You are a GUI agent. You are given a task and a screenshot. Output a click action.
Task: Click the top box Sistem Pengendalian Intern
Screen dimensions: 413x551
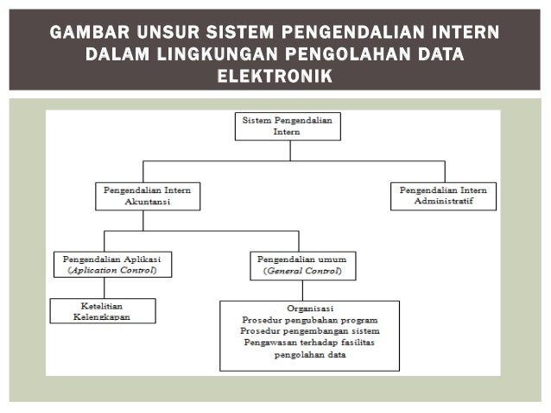pos(288,128)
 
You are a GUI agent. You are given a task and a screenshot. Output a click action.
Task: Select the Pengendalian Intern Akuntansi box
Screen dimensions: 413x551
pos(147,195)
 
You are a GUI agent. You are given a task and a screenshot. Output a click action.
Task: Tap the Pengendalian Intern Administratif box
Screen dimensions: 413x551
pos(443,195)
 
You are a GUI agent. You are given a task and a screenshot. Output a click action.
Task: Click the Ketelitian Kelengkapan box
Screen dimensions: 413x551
pos(103,310)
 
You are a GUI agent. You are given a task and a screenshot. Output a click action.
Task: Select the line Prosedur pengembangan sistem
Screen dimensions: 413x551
pos(309,331)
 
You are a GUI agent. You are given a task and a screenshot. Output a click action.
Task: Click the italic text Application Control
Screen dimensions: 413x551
pos(113,270)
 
